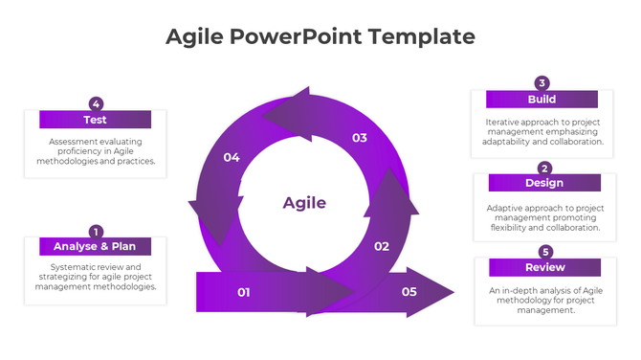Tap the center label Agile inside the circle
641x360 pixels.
pyautogui.click(x=304, y=203)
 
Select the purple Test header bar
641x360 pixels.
pyautogui.click(x=95, y=120)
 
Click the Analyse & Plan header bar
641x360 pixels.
pyautogui.click(x=95, y=246)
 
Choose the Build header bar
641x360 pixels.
pyautogui.click(x=542, y=99)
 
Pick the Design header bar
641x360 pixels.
pyautogui.click(x=544, y=183)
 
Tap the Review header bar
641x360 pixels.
pyautogui.click(x=544, y=267)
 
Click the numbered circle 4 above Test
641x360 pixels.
pyautogui.click(x=96, y=103)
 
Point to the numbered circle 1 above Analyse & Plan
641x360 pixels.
pyautogui.click(x=96, y=231)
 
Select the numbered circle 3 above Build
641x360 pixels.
pyautogui.click(x=542, y=83)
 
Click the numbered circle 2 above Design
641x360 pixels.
pyautogui.click(x=544, y=168)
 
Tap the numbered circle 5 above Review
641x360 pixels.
pyautogui.click(x=545, y=252)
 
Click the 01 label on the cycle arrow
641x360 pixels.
pyautogui.click(x=243, y=292)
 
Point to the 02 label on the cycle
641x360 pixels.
pyautogui.click(x=381, y=246)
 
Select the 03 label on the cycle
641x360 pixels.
pyautogui.click(x=359, y=138)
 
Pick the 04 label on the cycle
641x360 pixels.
pyautogui.click(x=232, y=157)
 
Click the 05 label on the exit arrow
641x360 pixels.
pyautogui.click(x=409, y=292)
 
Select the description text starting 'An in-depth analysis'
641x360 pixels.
pyautogui.click(x=544, y=300)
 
